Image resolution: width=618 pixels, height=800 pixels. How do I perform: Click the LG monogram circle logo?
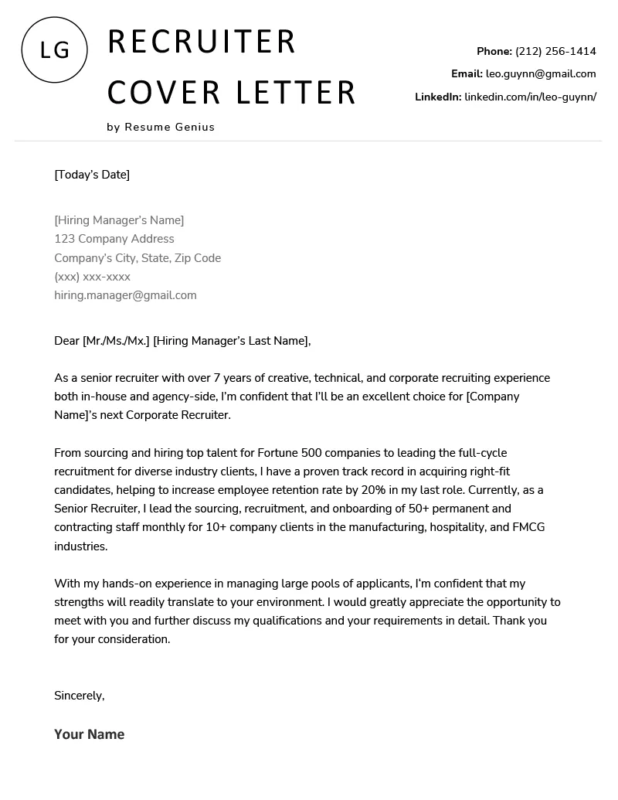click(x=54, y=49)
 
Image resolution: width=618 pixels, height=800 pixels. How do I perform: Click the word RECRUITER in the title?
click(x=202, y=42)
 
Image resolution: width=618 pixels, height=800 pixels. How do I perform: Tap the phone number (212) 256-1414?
click(x=555, y=52)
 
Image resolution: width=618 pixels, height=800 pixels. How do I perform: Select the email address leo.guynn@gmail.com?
click(x=541, y=74)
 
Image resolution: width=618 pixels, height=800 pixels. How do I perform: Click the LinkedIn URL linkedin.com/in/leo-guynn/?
click(x=530, y=97)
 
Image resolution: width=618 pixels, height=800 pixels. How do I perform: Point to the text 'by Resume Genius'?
click(x=161, y=127)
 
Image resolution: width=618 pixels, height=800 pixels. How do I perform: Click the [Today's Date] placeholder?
click(x=92, y=175)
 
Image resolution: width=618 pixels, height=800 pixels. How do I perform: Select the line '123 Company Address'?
click(x=114, y=240)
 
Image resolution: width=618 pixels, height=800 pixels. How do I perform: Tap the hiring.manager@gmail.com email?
click(x=125, y=295)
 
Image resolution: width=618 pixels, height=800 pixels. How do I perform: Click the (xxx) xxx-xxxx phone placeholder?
click(x=92, y=277)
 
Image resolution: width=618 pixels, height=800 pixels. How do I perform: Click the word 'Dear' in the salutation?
click(x=66, y=341)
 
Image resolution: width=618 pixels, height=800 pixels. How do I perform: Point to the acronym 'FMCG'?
click(x=527, y=527)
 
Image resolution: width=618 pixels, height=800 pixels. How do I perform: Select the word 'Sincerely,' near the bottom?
click(x=79, y=696)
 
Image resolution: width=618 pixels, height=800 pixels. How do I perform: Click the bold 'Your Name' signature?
click(x=89, y=734)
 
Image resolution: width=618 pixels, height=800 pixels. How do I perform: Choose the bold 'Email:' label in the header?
click(x=467, y=74)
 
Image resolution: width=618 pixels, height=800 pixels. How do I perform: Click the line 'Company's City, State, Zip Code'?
click(x=138, y=258)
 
